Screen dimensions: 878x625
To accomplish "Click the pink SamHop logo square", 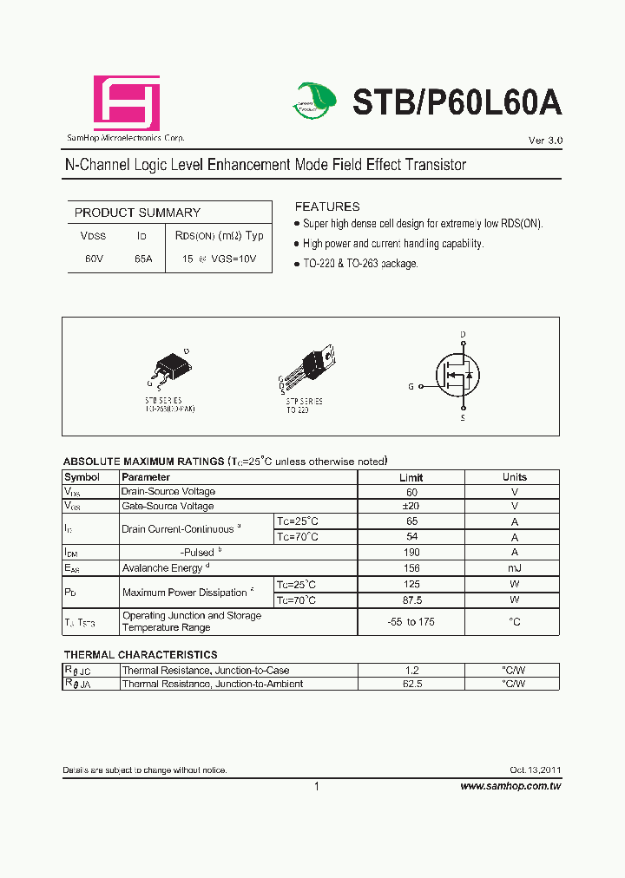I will (x=127, y=103).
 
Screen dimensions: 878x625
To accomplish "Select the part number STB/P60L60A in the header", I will (x=457, y=102).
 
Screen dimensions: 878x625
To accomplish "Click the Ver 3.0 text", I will (x=545, y=141).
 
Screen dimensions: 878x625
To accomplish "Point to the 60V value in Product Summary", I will (x=94, y=259).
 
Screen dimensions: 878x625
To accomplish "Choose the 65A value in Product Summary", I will (x=143, y=259).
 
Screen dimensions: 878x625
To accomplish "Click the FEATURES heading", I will (x=327, y=206).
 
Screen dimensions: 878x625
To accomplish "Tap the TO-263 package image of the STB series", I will (x=170, y=368).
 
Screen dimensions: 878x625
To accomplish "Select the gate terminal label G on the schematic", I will (x=411, y=386).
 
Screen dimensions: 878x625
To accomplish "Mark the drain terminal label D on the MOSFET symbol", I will (x=463, y=334).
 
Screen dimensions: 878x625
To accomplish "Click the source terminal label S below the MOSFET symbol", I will (x=463, y=418).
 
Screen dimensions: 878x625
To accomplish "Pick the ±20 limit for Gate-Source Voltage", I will (x=411, y=506).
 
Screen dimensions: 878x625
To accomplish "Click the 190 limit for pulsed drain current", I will (x=411, y=552).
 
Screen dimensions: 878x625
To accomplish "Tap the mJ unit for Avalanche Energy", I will (x=514, y=567).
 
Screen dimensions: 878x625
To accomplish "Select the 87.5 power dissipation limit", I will (x=411, y=600).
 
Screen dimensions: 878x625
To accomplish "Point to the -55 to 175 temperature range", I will (x=411, y=622).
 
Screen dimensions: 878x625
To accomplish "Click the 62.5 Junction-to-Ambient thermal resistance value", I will (x=411, y=684).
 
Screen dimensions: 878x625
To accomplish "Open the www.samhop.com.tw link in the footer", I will (x=510, y=786).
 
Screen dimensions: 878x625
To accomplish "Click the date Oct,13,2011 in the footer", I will (x=535, y=770).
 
